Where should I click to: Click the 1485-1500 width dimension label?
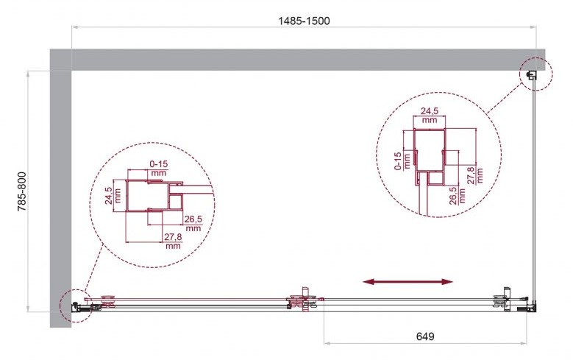(x=304, y=21)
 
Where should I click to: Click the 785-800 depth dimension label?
(x=22, y=191)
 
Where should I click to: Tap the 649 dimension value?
(x=425, y=336)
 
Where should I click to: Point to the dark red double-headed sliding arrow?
(x=407, y=281)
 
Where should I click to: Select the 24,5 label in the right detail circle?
(x=430, y=110)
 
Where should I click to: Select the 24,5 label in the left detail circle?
(x=108, y=196)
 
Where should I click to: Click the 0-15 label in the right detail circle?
(x=398, y=161)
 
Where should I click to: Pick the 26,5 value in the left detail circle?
(x=193, y=219)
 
